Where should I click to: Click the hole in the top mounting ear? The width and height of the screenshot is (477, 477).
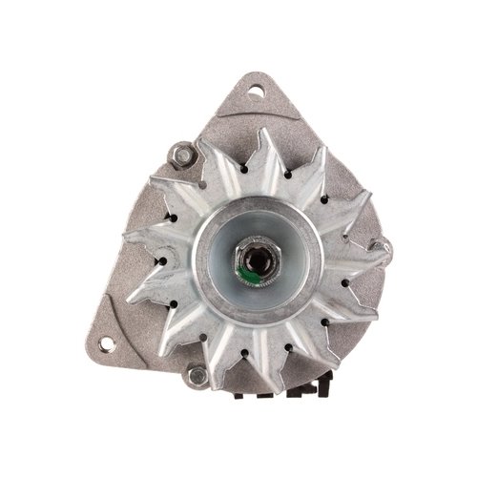(256, 92)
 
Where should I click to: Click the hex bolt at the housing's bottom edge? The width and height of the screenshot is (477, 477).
(197, 375)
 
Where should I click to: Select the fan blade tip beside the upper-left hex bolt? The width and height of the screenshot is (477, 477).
(205, 148)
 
